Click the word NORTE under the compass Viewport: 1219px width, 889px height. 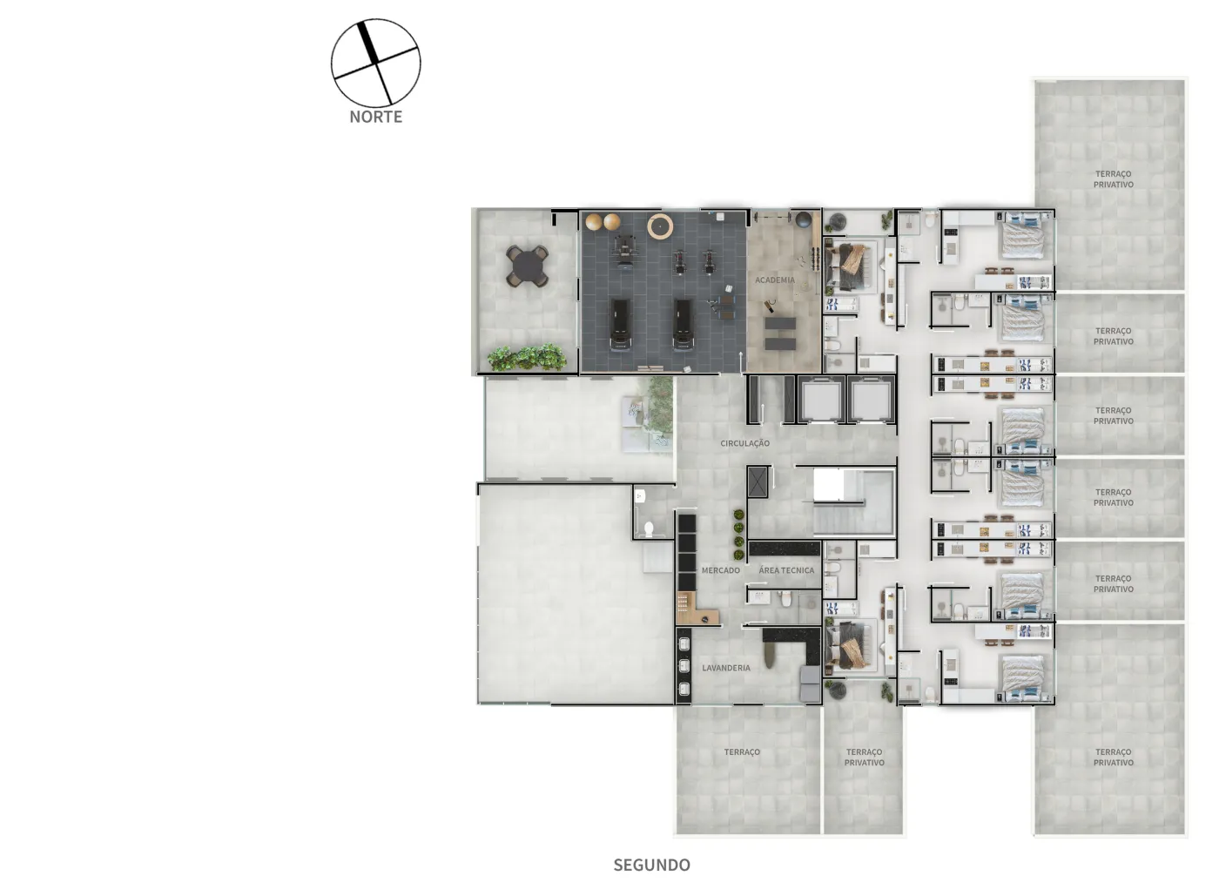pyautogui.click(x=376, y=117)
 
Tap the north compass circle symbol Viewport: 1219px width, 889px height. pyautogui.click(x=376, y=63)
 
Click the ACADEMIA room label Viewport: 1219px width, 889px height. pyautogui.click(x=775, y=280)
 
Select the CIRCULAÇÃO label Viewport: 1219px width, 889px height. pyautogui.click(x=745, y=443)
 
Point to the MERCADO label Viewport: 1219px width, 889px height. pyautogui.click(x=721, y=570)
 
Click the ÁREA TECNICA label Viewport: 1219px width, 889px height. pyautogui.click(x=786, y=570)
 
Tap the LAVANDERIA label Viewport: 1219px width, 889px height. pyautogui.click(x=726, y=668)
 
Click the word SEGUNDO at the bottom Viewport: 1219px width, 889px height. pyautogui.click(x=652, y=865)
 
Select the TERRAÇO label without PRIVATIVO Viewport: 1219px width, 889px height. pyautogui.click(x=742, y=752)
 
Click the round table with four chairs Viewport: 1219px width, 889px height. pyautogui.click(x=527, y=266)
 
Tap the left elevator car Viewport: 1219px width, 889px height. pyautogui.click(x=820, y=400)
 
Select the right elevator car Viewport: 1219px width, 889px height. pyautogui.click(x=871, y=400)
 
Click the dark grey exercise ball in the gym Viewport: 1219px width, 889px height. pyautogui.click(x=804, y=219)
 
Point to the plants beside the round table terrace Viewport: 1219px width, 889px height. pyautogui.click(x=527, y=358)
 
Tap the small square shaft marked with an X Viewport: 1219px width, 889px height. pyautogui.click(x=757, y=482)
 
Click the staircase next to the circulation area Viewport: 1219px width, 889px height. pyautogui.click(x=852, y=502)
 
